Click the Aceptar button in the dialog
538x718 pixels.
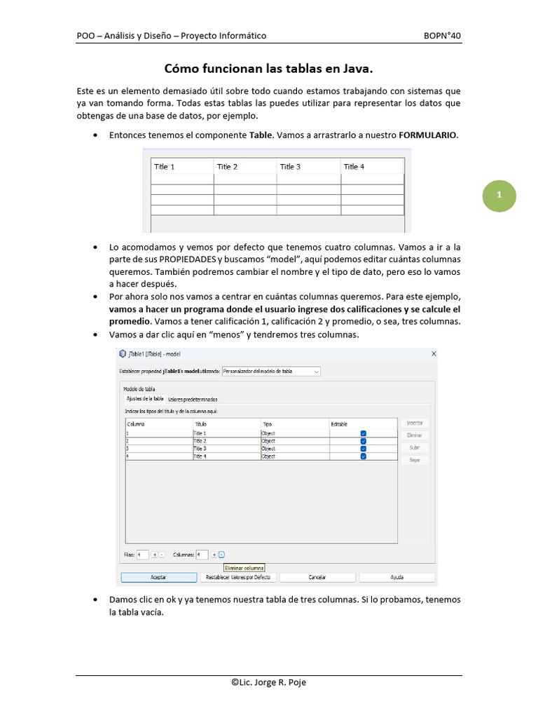click(x=158, y=578)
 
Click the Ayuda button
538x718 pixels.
click(x=396, y=578)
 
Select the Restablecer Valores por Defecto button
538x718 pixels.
click(x=237, y=578)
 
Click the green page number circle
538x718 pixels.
click(x=499, y=196)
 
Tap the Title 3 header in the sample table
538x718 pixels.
click(x=290, y=167)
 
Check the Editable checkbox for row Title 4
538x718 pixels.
click(x=363, y=456)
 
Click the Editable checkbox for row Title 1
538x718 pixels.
click(x=363, y=433)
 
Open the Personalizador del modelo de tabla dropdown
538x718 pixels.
click(x=271, y=371)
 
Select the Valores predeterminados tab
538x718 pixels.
click(x=197, y=399)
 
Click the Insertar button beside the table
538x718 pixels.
click(x=415, y=424)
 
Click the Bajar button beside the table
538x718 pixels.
click(x=415, y=460)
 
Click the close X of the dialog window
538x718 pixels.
click(x=434, y=354)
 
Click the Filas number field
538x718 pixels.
click(x=142, y=555)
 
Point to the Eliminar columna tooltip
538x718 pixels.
click(x=244, y=568)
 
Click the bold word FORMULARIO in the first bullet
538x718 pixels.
click(x=428, y=135)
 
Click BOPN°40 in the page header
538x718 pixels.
click(x=442, y=36)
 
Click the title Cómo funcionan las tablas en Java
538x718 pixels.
click(x=268, y=69)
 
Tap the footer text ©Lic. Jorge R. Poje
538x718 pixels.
click(x=268, y=682)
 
